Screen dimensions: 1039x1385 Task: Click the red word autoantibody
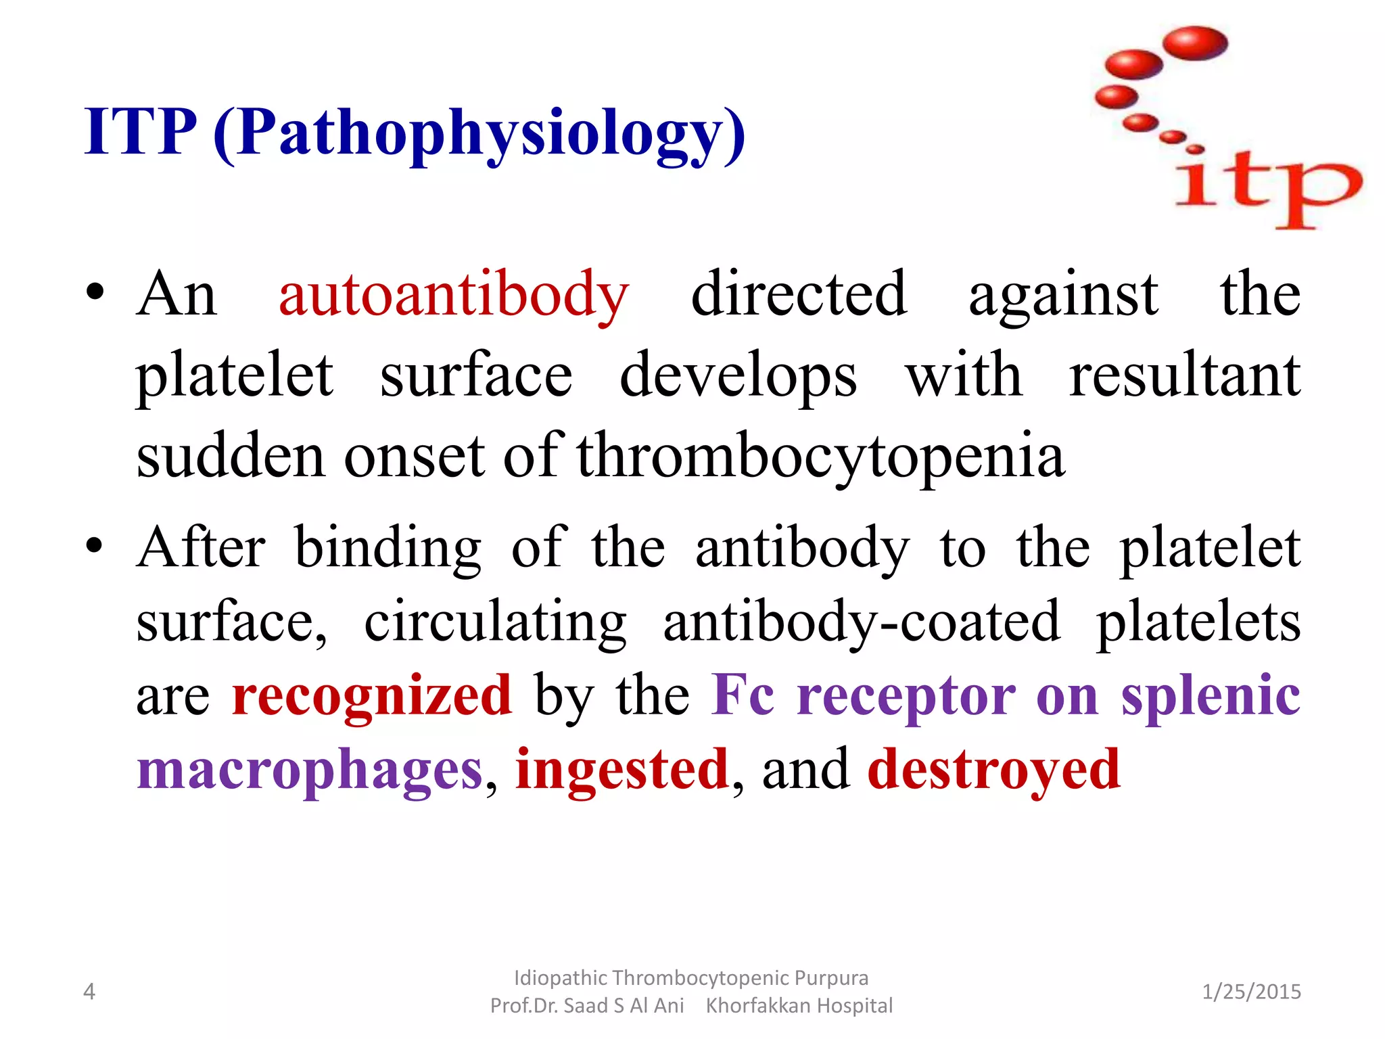coord(454,296)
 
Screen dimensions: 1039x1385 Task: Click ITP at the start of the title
coord(141,133)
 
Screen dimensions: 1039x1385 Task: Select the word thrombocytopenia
coord(820,457)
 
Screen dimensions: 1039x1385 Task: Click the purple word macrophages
coord(310,771)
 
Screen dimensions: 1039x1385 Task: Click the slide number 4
coord(89,992)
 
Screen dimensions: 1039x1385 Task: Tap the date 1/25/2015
coord(1251,992)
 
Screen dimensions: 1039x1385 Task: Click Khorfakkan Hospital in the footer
coord(799,1006)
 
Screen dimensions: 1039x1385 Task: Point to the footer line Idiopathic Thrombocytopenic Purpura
coord(690,978)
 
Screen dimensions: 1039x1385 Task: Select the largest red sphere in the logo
coord(1195,42)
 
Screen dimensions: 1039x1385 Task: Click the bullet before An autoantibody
coord(95,292)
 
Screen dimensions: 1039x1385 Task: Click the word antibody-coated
coord(861,622)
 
